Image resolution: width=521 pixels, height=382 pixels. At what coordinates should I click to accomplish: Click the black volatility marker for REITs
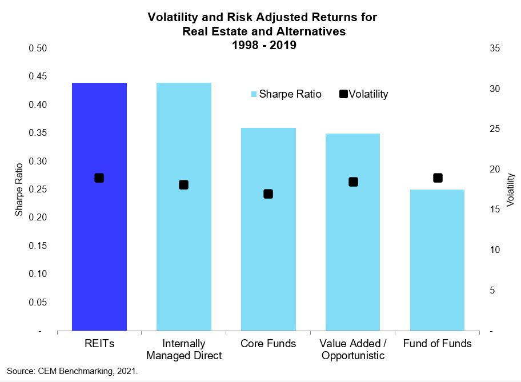[99, 178]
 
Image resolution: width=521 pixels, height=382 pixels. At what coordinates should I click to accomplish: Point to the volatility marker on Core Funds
[268, 194]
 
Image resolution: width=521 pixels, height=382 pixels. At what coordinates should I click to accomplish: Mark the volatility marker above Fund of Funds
[438, 178]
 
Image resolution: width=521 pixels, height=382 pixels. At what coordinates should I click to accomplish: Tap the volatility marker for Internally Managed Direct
[183, 184]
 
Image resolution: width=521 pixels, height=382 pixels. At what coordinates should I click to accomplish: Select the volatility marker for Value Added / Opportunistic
[353, 182]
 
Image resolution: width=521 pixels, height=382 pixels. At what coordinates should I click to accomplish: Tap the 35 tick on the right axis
[495, 49]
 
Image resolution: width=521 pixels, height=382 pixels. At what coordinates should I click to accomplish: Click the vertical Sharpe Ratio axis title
[19, 190]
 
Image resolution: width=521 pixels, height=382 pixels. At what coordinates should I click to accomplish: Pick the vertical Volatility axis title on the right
[510, 190]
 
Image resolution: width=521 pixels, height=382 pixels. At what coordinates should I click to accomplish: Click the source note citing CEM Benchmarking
[73, 371]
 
